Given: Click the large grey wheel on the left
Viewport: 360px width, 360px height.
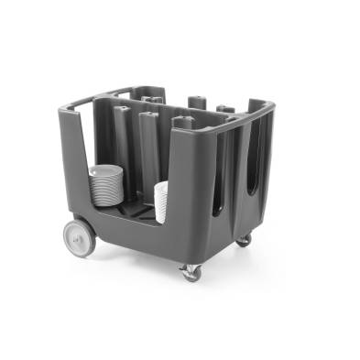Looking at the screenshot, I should pos(79,237).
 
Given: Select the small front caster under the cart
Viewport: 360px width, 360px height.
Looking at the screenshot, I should pos(191,271).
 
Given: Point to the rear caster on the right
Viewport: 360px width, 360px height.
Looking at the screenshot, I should pos(244,240).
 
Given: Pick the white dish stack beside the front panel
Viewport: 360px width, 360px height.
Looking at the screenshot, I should pos(161,202).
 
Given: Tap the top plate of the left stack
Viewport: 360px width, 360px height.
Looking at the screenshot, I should pos(107,169).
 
